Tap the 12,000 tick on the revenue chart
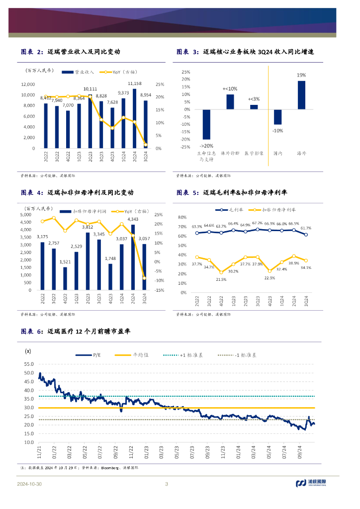click(28, 84)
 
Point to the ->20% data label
click(206, 146)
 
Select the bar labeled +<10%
click(230, 102)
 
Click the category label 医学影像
click(254, 154)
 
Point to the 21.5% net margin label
click(221, 279)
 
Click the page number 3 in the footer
click(167, 484)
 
